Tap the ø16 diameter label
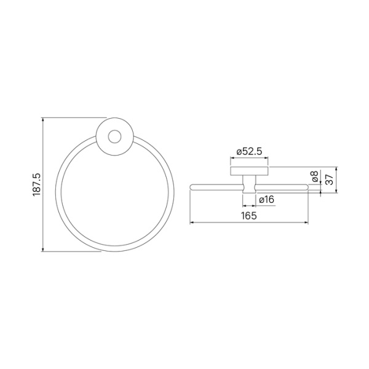click(x=266, y=200)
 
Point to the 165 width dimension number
click(x=248, y=216)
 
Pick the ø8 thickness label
click(x=315, y=178)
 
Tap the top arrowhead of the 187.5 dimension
click(x=43, y=119)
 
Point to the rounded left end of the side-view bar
click(x=192, y=184)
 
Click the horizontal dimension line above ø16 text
click(x=249, y=192)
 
